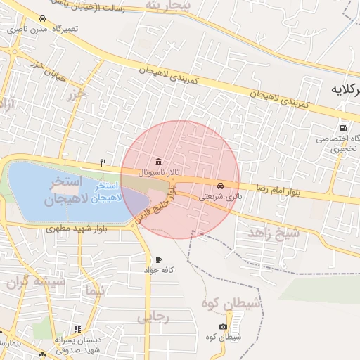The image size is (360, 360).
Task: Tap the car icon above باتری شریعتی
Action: (x=221, y=186)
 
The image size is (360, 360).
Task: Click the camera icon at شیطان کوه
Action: (x=224, y=326)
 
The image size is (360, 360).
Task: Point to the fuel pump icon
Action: (x=342, y=128)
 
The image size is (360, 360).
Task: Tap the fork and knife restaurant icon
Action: (x=103, y=162)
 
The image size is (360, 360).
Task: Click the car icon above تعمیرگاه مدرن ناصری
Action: (x=44, y=18)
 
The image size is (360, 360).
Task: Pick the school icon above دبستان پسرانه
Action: (x=77, y=328)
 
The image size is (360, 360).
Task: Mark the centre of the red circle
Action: (x=179, y=179)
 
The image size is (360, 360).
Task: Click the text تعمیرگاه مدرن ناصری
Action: (x=42, y=30)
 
